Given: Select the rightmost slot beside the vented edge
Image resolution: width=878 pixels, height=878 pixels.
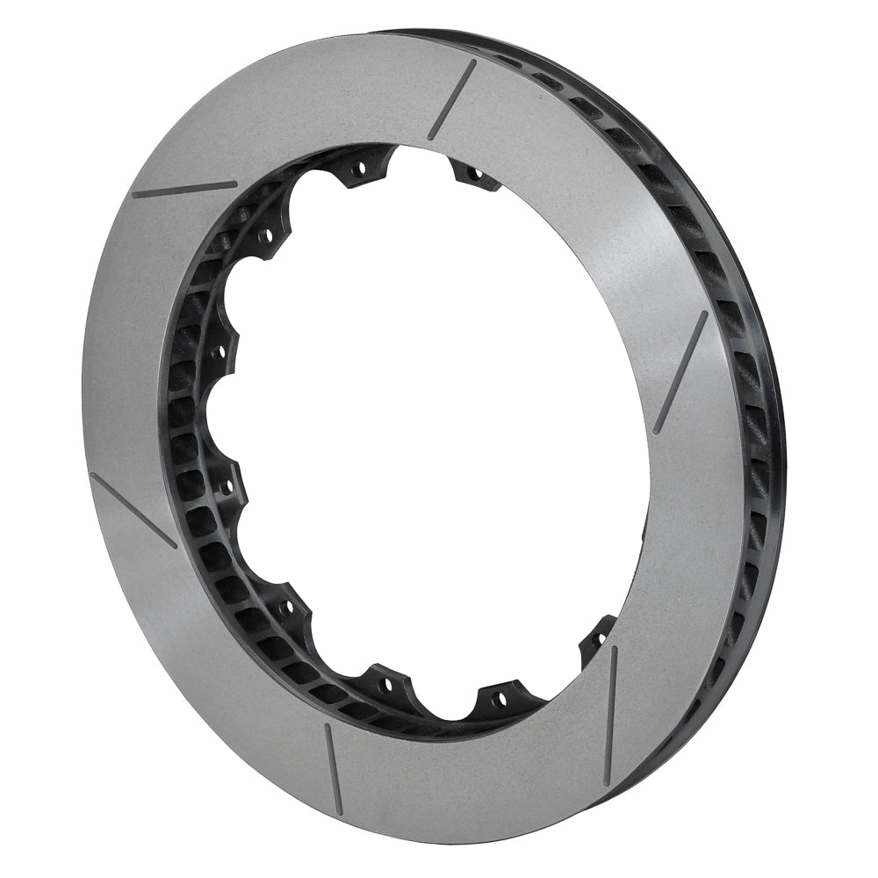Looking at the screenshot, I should coord(680,372).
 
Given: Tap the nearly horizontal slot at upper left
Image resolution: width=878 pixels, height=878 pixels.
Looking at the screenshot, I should coord(184,189).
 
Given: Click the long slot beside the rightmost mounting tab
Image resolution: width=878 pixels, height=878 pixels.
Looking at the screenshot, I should coord(610,715).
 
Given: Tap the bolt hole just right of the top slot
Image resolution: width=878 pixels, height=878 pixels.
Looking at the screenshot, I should coord(474,174).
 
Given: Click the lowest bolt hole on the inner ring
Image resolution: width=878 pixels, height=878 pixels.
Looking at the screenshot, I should coord(499,700).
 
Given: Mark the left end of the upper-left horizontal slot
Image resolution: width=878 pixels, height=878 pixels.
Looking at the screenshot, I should coord(134,195).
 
